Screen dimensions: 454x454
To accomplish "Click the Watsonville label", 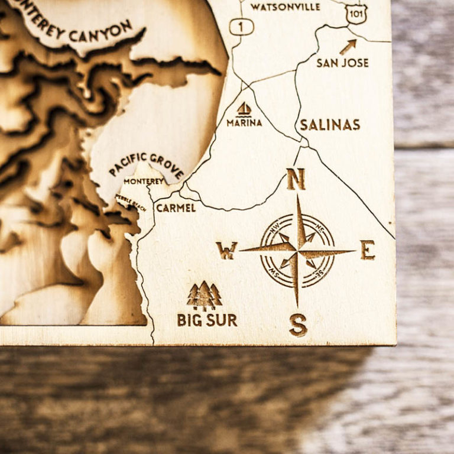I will point(285,7).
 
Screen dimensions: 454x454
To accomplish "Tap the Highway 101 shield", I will point(356,14).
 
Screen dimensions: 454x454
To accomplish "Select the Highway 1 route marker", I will point(241,27).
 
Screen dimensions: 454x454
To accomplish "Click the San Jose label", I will point(342,63).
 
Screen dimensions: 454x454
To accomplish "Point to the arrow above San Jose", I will point(348,47).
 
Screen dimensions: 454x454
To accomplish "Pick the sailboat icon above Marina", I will point(244,109).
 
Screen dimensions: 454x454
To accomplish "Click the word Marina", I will point(244,123).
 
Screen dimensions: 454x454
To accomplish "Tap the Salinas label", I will point(330,125).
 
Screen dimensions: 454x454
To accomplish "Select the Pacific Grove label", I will point(146,165).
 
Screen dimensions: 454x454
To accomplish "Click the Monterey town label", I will point(144,181).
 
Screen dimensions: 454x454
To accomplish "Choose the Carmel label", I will point(176,208).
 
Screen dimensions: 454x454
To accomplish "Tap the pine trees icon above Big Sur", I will point(204,296).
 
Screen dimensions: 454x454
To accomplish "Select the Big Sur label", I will point(207,320).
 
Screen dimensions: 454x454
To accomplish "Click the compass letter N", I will point(296,179).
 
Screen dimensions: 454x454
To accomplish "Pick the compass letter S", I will point(298,325).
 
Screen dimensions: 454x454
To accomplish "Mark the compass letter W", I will point(226,251).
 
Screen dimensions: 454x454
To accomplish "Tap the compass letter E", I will point(368,250).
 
